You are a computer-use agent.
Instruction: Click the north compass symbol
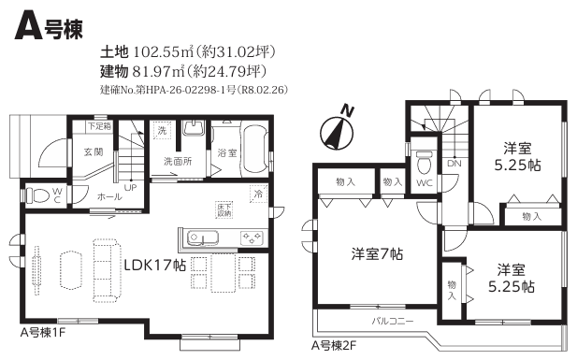coord(337,132)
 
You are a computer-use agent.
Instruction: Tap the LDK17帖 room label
coord(155,265)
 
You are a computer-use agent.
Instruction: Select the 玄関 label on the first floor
coord(94,151)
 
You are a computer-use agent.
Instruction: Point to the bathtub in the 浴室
coord(254,151)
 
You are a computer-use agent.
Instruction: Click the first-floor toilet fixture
coord(37,195)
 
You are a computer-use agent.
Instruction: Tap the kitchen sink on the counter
coord(203,238)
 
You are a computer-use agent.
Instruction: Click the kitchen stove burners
coord(252,238)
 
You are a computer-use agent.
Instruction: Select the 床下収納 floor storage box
coord(224,209)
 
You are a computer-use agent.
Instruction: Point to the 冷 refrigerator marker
coord(258,194)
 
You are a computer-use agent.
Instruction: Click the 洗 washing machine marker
coord(163,130)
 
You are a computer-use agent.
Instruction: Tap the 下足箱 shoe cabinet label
coord(99,126)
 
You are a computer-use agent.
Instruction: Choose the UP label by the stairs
coord(130,188)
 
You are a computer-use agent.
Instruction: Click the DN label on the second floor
coord(454,163)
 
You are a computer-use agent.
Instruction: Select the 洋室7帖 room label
coord(377,254)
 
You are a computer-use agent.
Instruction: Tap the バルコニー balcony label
coord(393,321)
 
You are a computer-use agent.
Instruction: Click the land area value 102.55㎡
coord(163,52)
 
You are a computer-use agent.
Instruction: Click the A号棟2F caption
coord(334,346)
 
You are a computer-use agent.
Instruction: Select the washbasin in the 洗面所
coord(194,127)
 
